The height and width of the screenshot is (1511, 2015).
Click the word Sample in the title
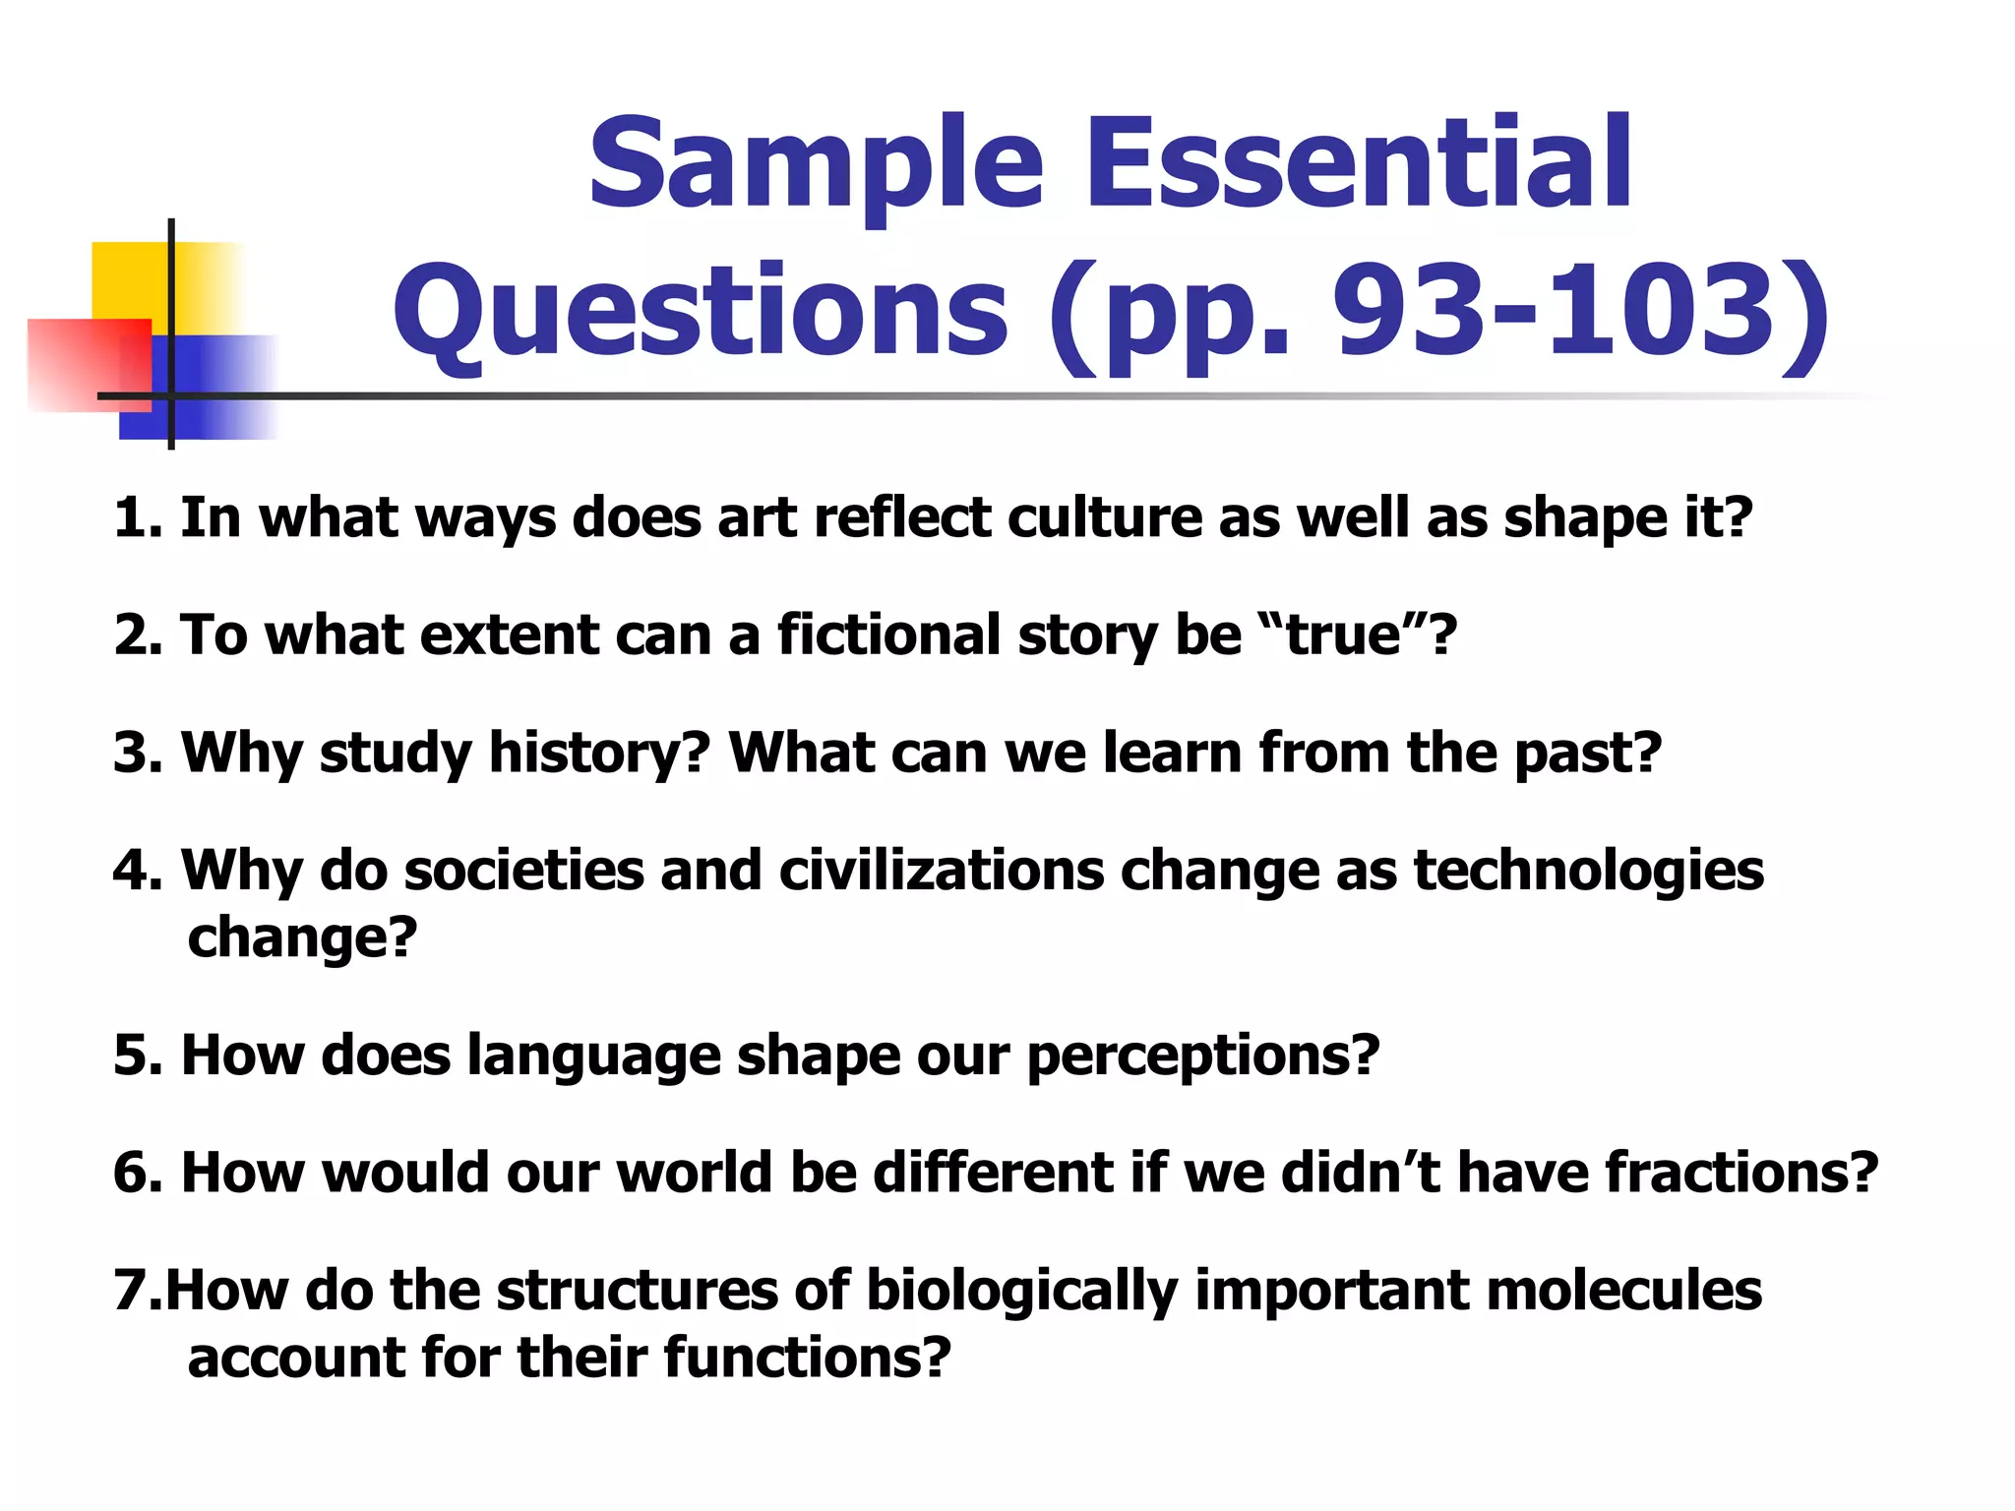(816, 164)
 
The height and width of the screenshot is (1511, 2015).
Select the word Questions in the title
(702, 313)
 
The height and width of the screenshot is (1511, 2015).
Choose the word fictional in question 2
(889, 635)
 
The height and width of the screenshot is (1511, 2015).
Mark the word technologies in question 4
(1589, 872)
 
